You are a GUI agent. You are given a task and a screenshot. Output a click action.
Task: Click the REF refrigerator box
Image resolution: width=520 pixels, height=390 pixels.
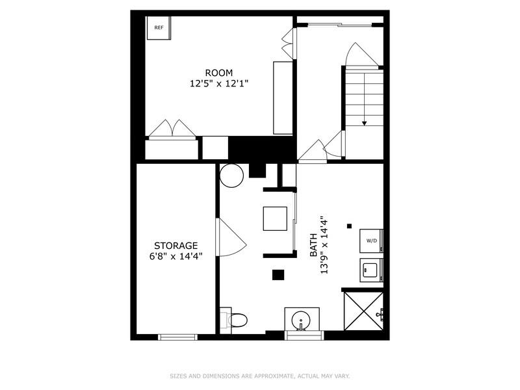pos(158,28)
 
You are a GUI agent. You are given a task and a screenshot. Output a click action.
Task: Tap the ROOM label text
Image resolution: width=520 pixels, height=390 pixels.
pos(218,73)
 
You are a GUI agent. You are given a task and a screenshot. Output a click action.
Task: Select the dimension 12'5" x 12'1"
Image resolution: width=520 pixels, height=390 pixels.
pos(218,84)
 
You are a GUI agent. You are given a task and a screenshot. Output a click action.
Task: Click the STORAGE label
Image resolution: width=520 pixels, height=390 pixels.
pos(175,246)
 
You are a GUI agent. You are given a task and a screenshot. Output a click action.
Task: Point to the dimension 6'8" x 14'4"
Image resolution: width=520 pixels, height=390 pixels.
pos(175,256)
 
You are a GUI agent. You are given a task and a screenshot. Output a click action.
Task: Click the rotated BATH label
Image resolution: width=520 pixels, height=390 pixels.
pos(313,244)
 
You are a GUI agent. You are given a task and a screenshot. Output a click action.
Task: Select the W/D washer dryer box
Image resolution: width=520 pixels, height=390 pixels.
pos(372,240)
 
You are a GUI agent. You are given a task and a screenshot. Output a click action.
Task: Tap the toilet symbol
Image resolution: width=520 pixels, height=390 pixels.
pos(237,320)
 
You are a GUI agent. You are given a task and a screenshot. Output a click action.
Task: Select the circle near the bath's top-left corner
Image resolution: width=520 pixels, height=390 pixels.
pos(230,175)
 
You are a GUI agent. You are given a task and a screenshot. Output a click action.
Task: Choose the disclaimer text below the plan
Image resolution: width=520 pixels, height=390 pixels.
pos(260,376)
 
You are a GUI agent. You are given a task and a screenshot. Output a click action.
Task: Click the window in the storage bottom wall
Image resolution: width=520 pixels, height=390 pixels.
pos(177,337)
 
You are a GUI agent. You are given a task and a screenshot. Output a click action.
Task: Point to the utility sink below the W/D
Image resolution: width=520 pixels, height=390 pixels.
pos(371,268)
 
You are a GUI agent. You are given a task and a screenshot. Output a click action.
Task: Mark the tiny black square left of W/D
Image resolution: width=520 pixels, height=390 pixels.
pos(349,226)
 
